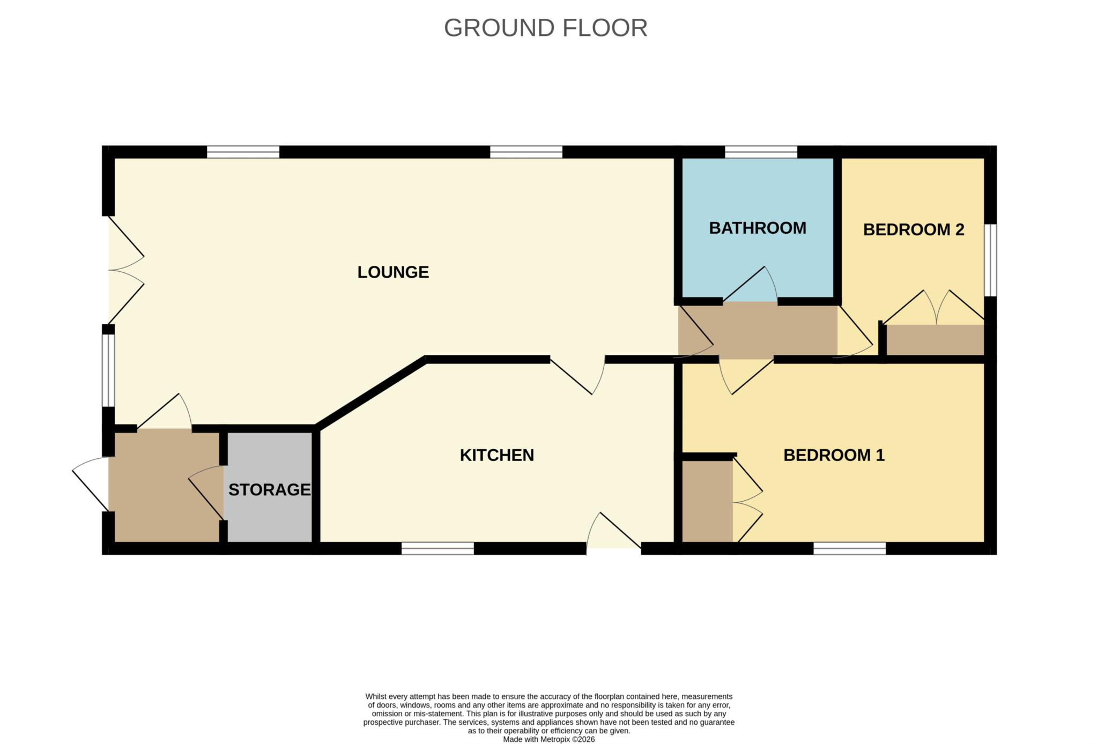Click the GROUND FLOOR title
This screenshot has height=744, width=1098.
pos(545,28)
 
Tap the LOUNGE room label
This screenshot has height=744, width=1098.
pos(393,272)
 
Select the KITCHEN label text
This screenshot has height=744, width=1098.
pos(496,455)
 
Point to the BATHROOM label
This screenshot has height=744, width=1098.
pos(757,228)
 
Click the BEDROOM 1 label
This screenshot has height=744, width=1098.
pos(834,455)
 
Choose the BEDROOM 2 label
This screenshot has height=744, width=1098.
pos(913,230)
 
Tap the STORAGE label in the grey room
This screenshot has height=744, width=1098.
pos(269,489)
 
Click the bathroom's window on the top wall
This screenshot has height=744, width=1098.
pos(761,152)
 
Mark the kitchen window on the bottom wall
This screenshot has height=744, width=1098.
pos(437,548)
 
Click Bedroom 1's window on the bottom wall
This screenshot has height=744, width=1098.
pos(849,548)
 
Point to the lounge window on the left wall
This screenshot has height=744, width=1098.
pos(108,370)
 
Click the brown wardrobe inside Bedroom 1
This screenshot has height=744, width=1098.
pos(707,501)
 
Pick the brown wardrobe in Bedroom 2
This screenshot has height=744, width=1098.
pos(934,340)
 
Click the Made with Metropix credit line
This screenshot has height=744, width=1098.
pos(548,739)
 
